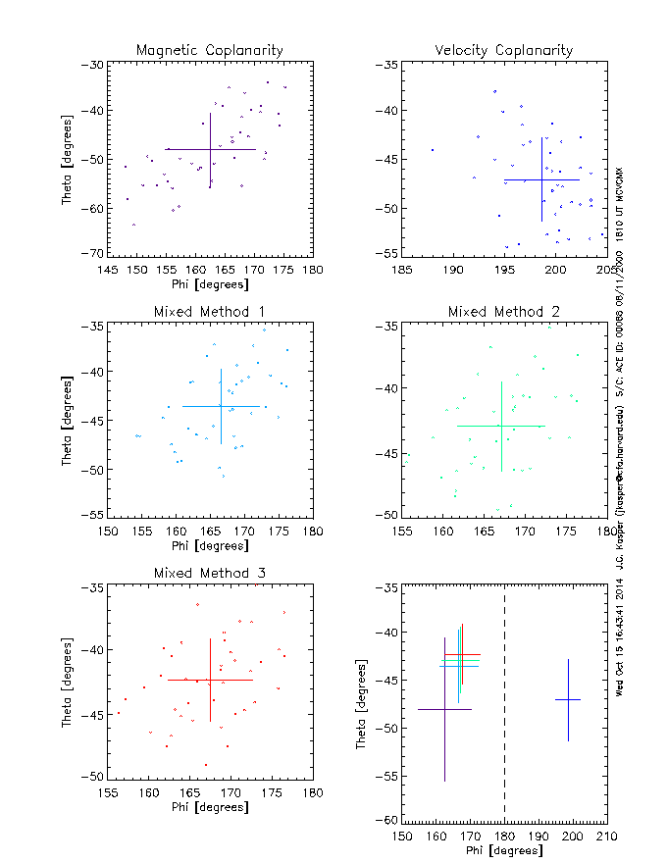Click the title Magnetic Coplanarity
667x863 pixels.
[210, 50]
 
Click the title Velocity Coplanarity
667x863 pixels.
[504, 50]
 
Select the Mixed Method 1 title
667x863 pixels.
[210, 312]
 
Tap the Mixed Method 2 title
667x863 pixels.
[504, 312]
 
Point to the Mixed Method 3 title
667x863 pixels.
[210, 573]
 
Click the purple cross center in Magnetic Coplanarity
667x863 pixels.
[210, 149]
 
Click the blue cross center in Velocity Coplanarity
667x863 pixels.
[541, 179]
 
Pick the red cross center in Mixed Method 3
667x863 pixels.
[210, 680]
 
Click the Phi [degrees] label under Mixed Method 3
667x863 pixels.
[210, 808]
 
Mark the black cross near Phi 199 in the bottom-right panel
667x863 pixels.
[568, 699]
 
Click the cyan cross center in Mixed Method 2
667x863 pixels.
[501, 426]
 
